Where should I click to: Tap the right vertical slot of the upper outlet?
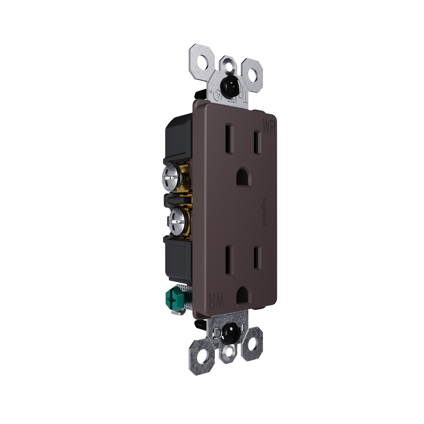click(x=256, y=141)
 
